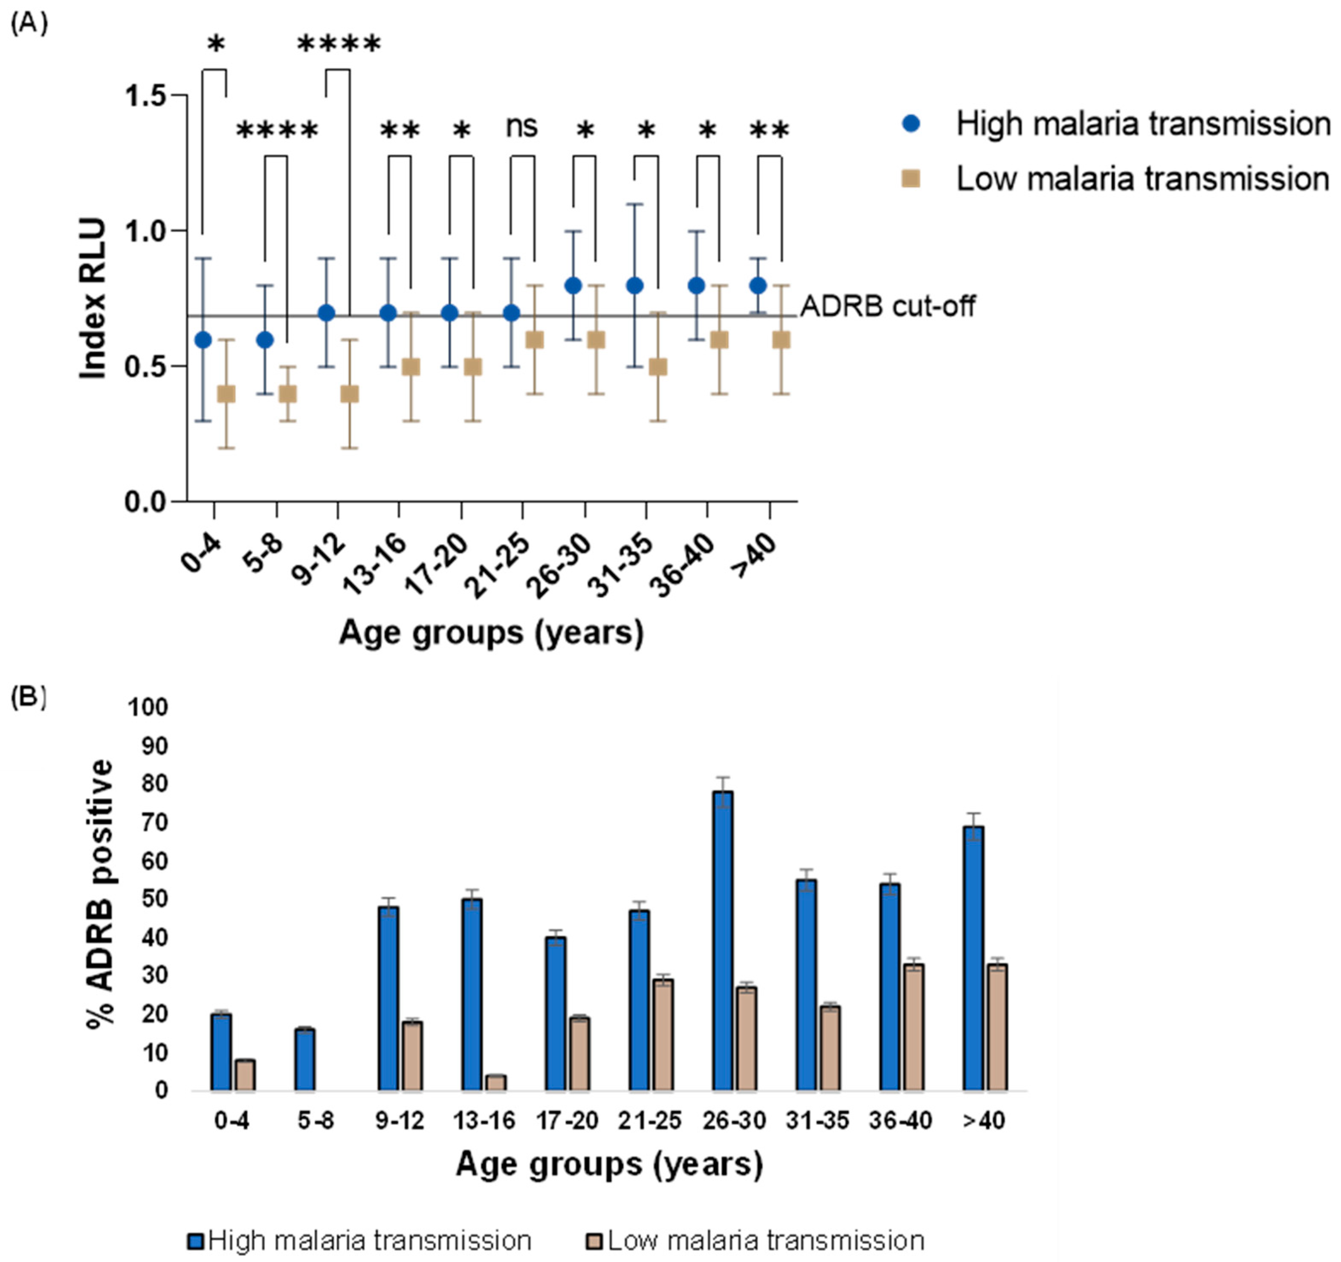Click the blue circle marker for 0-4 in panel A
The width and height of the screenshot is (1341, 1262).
[x=203, y=340]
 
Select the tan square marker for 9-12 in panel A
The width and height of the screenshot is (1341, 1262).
[x=349, y=394]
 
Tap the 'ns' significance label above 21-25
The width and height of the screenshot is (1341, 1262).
[x=521, y=127]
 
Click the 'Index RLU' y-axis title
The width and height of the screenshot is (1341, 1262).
[x=93, y=299]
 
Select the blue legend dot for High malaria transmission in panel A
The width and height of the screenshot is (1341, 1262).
[x=911, y=124]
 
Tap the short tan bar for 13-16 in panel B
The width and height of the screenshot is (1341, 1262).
[x=496, y=1083]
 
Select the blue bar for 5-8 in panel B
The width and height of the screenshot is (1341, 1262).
[x=305, y=1059]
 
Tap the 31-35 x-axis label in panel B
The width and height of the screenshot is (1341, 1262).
[x=817, y=1121]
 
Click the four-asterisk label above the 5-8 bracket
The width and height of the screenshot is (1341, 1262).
[x=277, y=130]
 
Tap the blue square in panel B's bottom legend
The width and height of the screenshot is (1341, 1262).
[x=196, y=1240]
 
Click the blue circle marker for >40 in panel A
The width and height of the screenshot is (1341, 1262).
[x=758, y=285]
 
